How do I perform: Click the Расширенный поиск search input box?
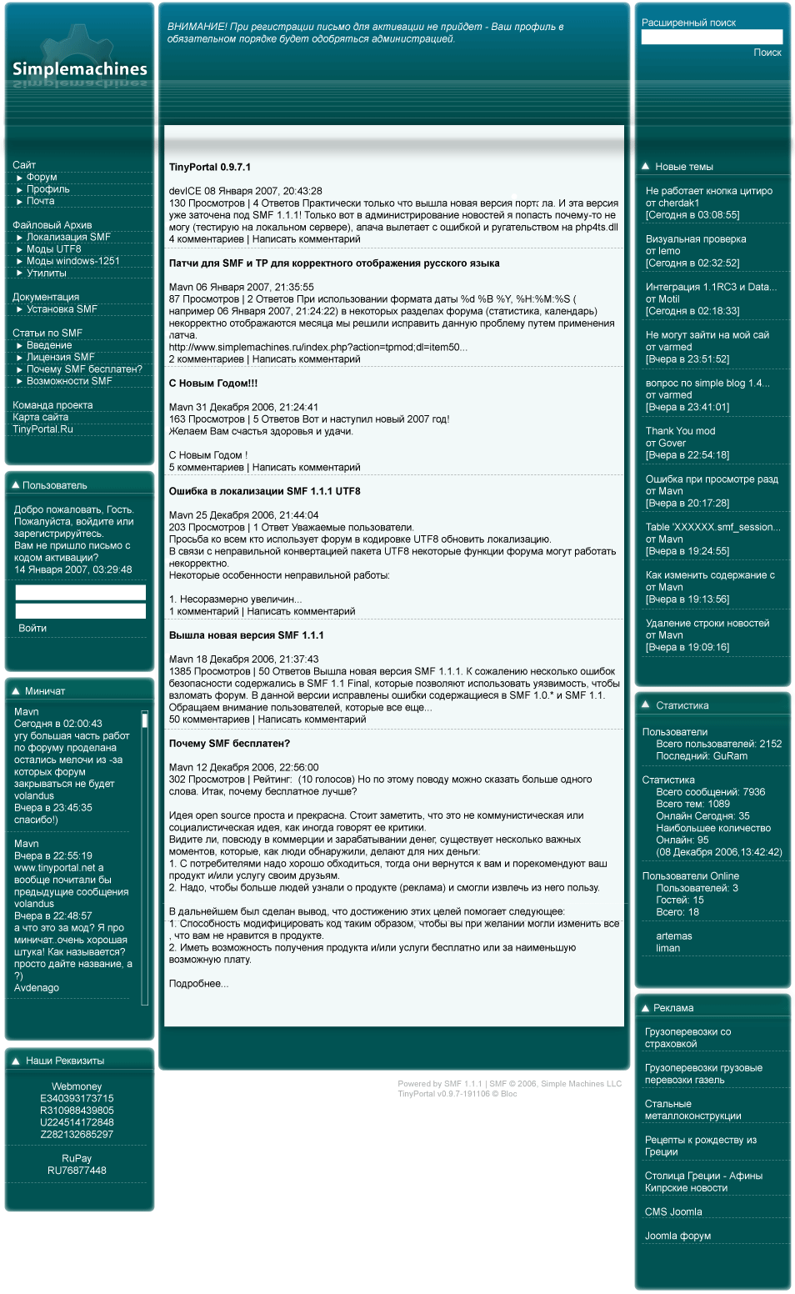tap(712, 37)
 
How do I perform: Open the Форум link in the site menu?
tap(42, 177)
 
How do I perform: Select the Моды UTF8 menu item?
tap(53, 249)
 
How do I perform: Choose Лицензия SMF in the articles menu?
tap(60, 357)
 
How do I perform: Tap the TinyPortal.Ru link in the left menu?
tap(42, 429)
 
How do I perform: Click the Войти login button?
tap(32, 629)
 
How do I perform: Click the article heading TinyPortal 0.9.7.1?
tap(210, 168)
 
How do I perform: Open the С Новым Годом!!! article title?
tap(213, 384)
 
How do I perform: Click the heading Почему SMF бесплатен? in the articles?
tap(229, 744)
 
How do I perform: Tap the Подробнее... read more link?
tap(198, 984)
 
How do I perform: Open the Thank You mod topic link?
tap(680, 431)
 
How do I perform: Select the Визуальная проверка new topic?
tap(696, 239)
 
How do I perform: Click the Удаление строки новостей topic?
tap(707, 624)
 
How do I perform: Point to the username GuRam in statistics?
tap(730, 756)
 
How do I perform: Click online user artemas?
tap(674, 936)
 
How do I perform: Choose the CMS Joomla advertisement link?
tap(673, 1212)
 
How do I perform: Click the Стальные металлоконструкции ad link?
tap(692, 1110)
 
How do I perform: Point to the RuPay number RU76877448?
tap(77, 1171)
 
